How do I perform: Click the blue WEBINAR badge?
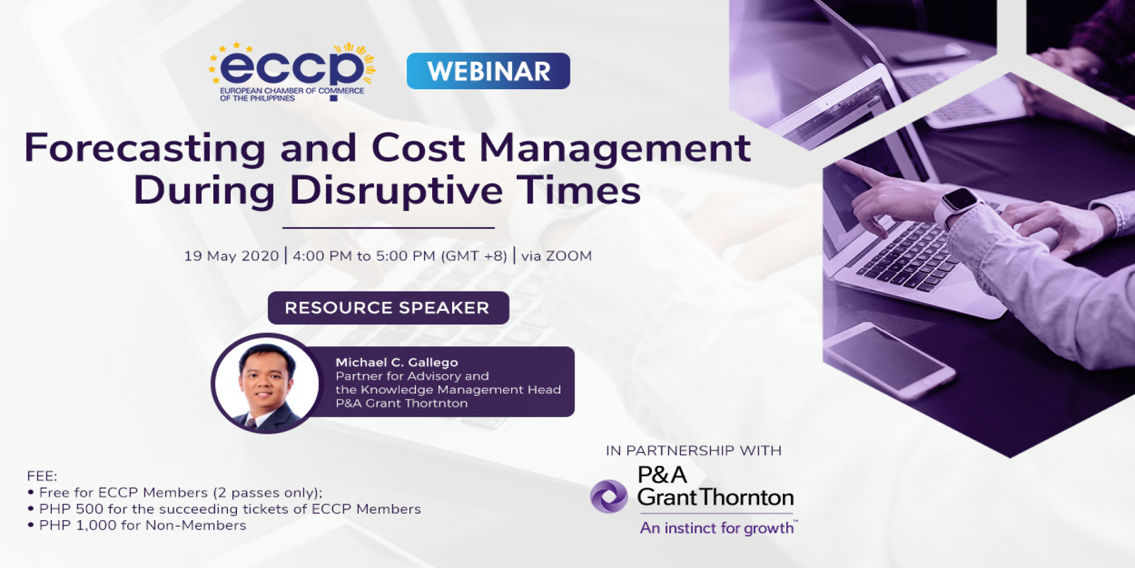488,71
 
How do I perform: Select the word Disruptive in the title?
396,190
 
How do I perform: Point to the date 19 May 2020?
231,256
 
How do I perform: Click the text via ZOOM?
556,256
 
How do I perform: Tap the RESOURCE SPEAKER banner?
388,308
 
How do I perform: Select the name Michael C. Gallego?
397,362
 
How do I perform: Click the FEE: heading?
42,476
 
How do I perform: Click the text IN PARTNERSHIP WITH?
693,450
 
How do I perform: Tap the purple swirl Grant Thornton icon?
609,496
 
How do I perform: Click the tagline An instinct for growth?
718,528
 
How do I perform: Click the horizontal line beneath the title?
388,228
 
